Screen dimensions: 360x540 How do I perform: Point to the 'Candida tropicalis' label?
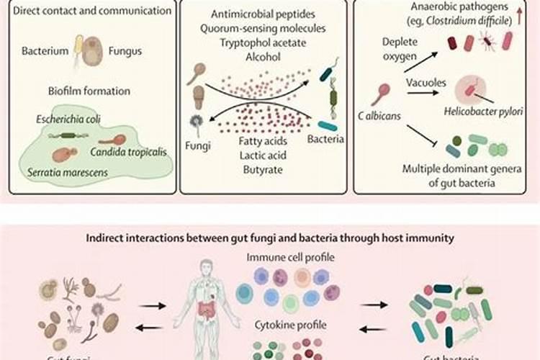(129, 152)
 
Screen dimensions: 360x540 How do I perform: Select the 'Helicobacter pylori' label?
(482, 112)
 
